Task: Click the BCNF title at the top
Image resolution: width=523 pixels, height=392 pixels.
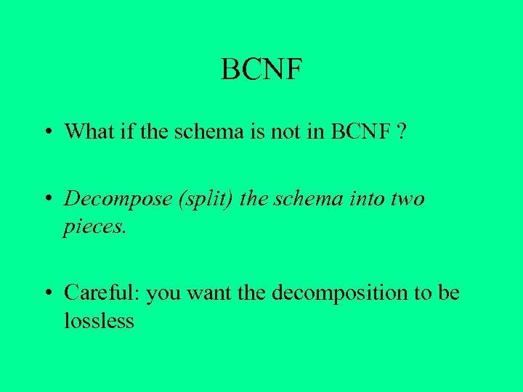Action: pyautogui.click(x=261, y=70)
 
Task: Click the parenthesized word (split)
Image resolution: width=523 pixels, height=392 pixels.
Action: pyautogui.click(x=201, y=199)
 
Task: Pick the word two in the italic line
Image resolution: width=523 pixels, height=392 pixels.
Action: pyautogui.click(x=407, y=198)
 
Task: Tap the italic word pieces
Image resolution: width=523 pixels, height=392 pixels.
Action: pyautogui.click(x=94, y=226)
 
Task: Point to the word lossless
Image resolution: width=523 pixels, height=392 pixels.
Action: pyautogui.click(x=99, y=320)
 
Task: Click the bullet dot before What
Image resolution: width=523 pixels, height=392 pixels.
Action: pyautogui.click(x=46, y=133)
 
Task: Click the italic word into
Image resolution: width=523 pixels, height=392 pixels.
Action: pyautogui.click(x=364, y=198)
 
